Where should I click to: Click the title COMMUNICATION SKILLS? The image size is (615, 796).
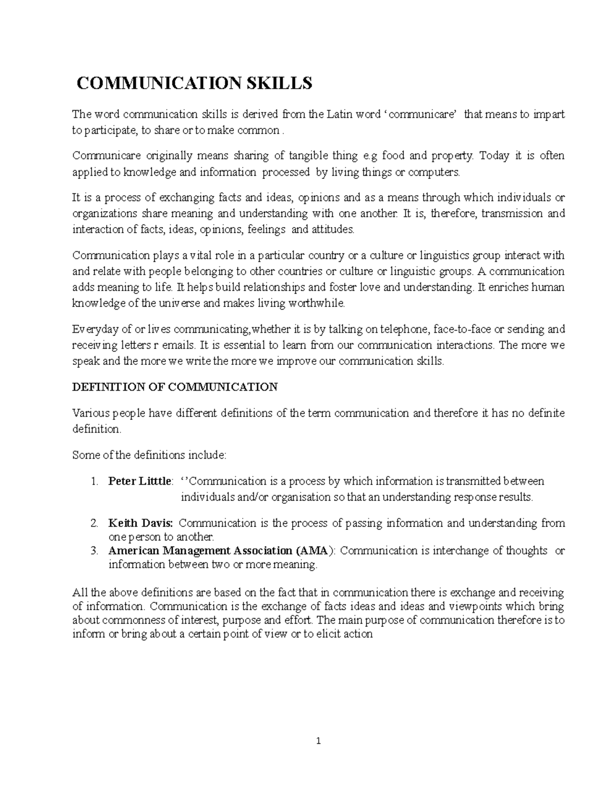pos(194,83)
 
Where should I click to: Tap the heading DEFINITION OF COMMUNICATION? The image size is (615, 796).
pos(175,387)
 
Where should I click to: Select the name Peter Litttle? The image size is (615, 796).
pos(140,481)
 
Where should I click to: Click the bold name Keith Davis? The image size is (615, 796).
pos(140,523)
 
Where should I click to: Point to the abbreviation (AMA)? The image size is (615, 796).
pos(315,551)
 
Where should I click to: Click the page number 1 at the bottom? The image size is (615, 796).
pos(318,741)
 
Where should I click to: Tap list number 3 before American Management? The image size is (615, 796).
pos(94,551)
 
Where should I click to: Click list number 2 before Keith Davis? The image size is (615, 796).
pos(94,523)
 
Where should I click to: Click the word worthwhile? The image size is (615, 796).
pos(317,303)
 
